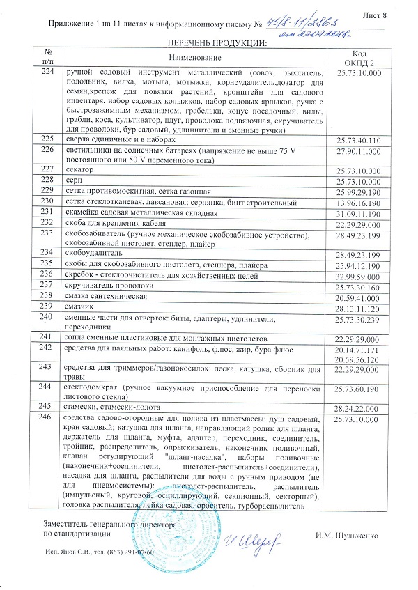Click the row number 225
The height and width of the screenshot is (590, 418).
tap(47, 139)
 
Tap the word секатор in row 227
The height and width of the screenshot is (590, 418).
tap(79, 170)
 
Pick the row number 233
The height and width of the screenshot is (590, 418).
tap(47, 233)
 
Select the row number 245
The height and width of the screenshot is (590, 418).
tap(47, 405)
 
